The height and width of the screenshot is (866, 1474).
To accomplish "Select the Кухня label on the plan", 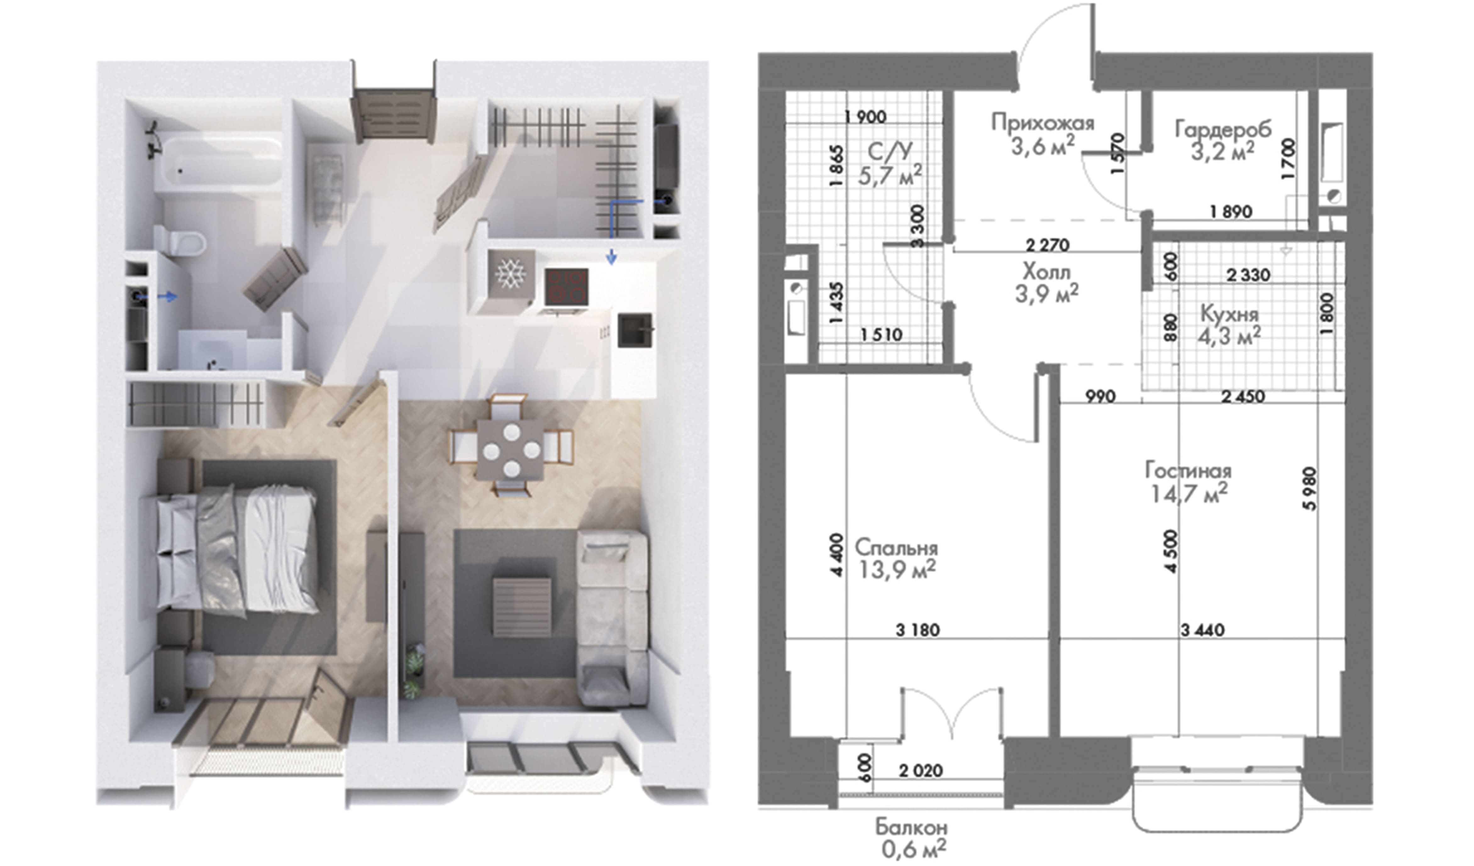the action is (1229, 314).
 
